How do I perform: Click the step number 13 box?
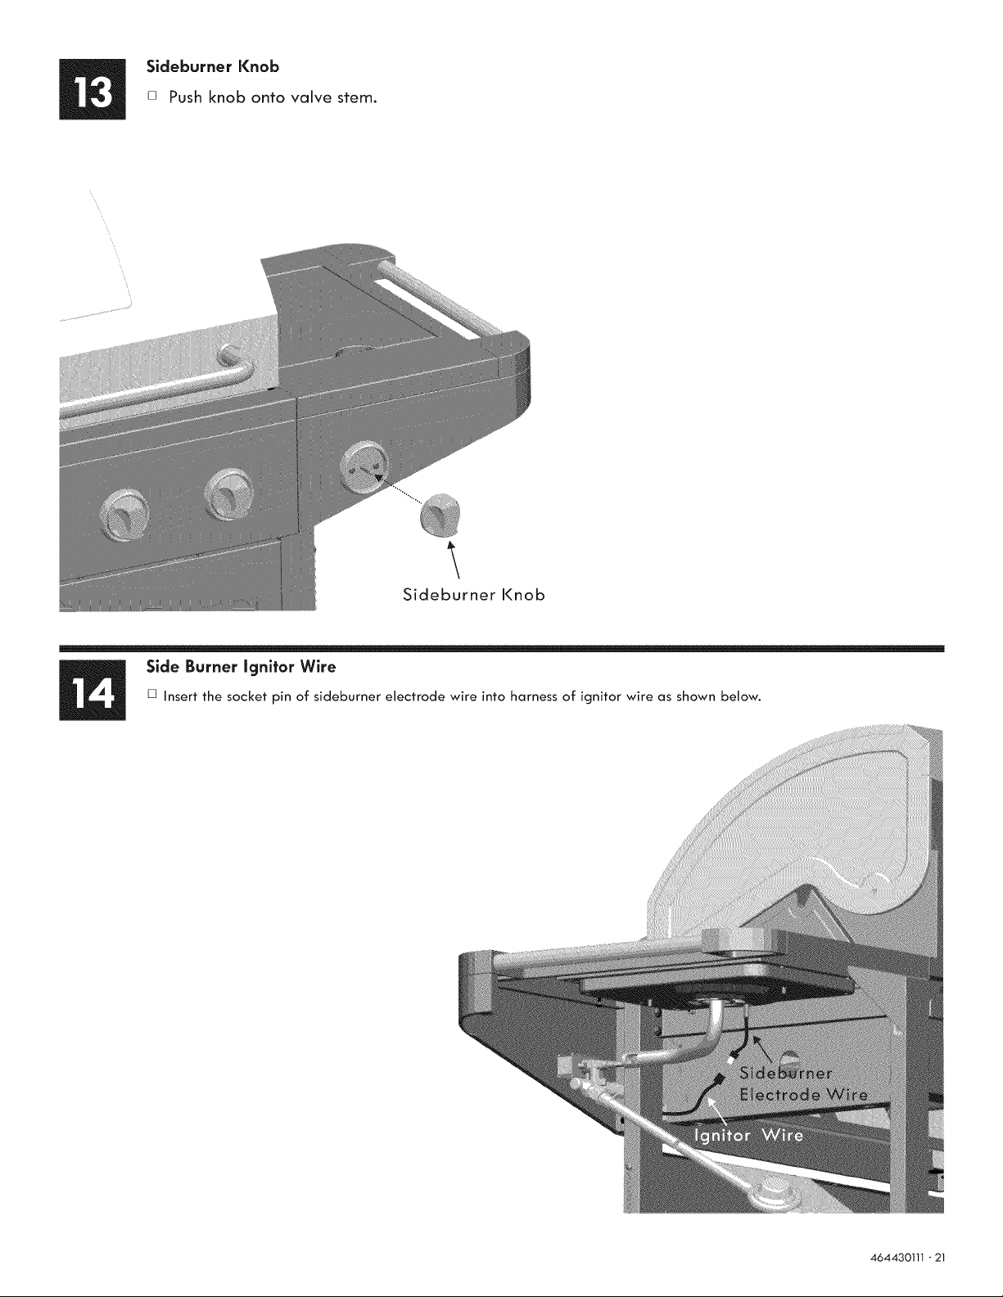pos(93,89)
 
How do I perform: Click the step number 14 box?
pos(93,690)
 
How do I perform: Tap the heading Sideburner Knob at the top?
pos(213,66)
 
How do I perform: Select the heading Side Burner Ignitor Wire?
pos(242,667)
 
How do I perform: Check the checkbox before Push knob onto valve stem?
pos(151,96)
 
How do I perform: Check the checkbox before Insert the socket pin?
pos(151,695)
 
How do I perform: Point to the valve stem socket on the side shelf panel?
pos(364,466)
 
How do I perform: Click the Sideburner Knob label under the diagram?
pos(474,595)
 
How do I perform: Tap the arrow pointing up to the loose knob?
pos(454,559)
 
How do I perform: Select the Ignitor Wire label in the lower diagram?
pos(748,1135)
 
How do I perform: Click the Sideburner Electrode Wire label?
pos(803,1083)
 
